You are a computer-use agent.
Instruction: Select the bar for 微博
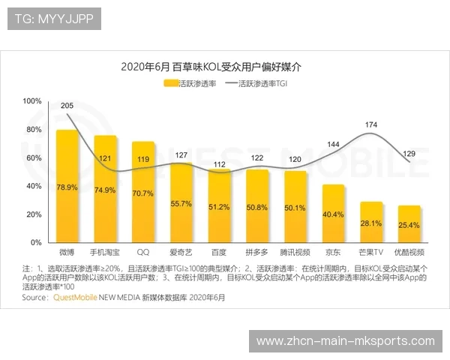click(67, 187)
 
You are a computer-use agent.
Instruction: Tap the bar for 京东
click(333, 214)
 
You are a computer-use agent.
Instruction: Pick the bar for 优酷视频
click(409, 223)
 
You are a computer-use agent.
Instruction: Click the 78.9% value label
click(67, 187)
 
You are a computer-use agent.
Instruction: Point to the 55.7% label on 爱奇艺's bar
click(181, 203)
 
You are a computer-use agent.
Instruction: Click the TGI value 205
click(67, 106)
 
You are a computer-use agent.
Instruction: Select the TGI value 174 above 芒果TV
click(370, 124)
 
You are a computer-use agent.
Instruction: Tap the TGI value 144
click(333, 144)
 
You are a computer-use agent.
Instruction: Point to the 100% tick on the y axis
click(32, 100)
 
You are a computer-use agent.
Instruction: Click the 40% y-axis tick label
click(34, 186)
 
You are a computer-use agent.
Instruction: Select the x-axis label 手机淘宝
click(105, 253)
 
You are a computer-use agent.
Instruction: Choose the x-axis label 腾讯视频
click(295, 253)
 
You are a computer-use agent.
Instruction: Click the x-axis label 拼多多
click(257, 253)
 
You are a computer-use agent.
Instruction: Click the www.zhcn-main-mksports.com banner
click(345, 341)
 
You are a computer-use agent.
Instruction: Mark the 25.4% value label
click(409, 225)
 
